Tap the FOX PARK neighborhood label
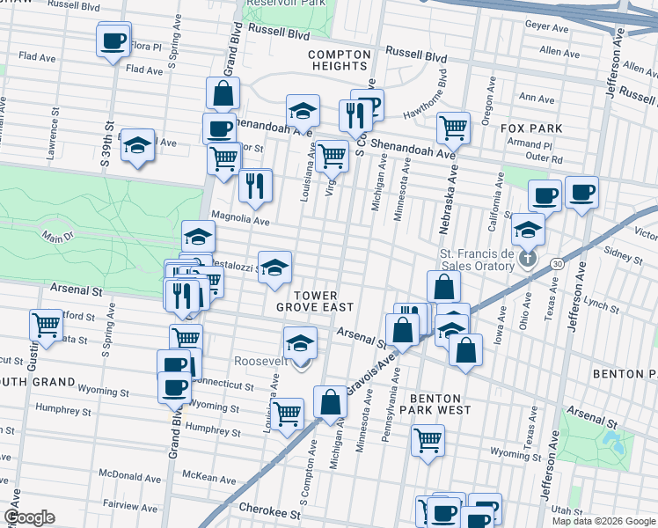pos(530,128)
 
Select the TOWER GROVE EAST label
pos(314,301)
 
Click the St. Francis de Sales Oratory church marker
pos(527,259)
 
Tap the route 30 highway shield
pos(557,263)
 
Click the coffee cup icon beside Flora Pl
pos(113,41)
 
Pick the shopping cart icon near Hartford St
pos(46,325)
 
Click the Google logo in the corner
pos(29,517)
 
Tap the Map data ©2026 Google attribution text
pos(603,521)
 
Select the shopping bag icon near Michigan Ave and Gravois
pos(331,403)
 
